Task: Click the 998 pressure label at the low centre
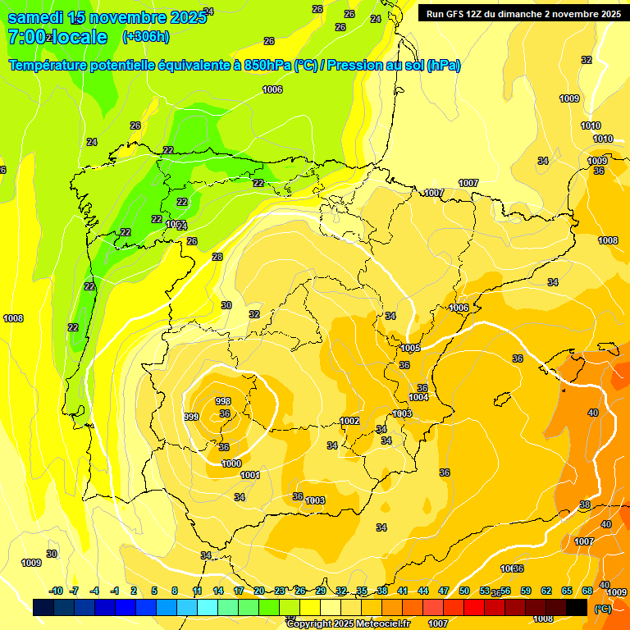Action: (x=222, y=400)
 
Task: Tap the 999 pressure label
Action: (x=191, y=417)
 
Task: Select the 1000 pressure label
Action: (x=231, y=463)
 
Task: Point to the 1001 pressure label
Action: (x=250, y=475)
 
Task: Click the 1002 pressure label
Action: (x=349, y=421)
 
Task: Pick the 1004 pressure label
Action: (x=418, y=397)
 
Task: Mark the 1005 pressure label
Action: (x=410, y=349)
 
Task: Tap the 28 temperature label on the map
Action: (x=217, y=257)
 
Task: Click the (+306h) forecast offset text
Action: (x=145, y=36)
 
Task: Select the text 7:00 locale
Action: (x=57, y=37)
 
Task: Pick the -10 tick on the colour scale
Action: (x=56, y=591)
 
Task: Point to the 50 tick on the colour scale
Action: (x=463, y=591)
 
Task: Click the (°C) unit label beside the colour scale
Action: (x=601, y=609)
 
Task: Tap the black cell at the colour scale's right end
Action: (x=577, y=607)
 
